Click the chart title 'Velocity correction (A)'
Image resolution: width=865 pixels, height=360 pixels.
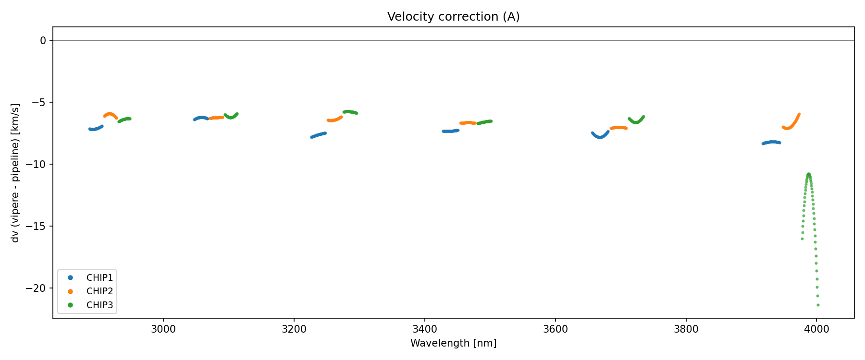click(453, 17)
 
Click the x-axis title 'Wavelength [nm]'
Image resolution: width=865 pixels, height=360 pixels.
click(453, 343)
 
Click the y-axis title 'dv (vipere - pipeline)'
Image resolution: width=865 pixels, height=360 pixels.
click(15, 173)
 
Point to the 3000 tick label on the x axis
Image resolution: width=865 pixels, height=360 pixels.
click(163, 329)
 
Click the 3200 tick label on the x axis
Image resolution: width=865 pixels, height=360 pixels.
click(294, 329)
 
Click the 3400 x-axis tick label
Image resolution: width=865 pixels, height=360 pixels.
click(425, 329)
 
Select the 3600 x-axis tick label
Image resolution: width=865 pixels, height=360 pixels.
click(555, 329)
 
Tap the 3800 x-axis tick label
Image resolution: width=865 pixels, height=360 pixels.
click(686, 329)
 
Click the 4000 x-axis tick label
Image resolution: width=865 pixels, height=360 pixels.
click(816, 329)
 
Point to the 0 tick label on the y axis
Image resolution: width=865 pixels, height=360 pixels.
click(43, 41)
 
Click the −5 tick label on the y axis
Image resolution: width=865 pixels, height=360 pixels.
click(39, 103)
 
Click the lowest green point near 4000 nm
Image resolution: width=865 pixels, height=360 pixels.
click(818, 305)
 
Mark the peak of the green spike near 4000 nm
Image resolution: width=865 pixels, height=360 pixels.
click(809, 174)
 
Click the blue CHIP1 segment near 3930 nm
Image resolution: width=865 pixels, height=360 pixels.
click(772, 142)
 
